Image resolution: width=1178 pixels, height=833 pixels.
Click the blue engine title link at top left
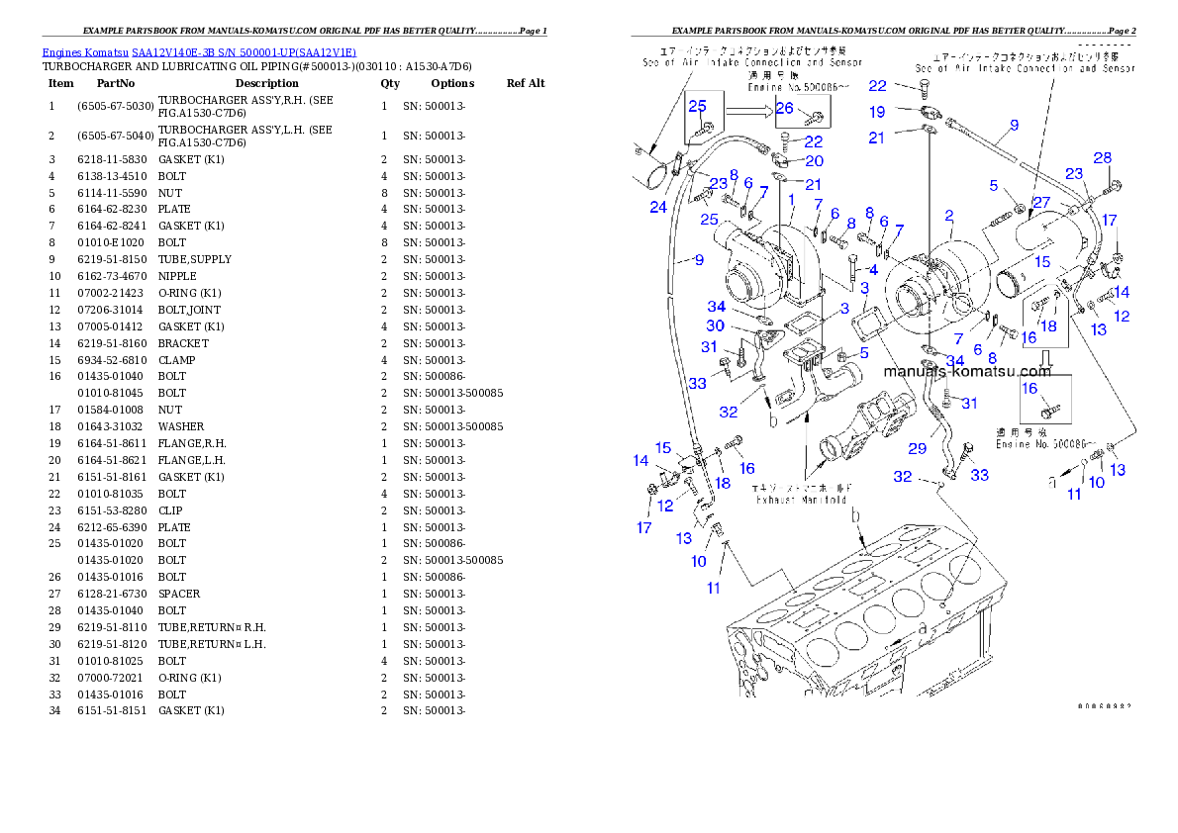click(199, 52)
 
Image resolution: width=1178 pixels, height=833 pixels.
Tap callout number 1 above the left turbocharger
click(792, 200)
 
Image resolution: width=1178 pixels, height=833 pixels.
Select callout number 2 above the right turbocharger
click(948, 216)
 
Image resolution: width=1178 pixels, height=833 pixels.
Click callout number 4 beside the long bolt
click(872, 269)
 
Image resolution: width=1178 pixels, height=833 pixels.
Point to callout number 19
click(877, 112)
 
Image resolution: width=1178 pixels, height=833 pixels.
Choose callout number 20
click(814, 161)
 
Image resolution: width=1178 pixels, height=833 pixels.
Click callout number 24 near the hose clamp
click(658, 207)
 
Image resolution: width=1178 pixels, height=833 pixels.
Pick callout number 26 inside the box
click(785, 108)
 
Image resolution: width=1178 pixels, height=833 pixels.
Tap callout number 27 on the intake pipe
click(1041, 203)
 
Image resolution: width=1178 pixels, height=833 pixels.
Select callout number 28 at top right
click(1102, 158)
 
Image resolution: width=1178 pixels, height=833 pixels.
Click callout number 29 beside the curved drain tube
click(918, 449)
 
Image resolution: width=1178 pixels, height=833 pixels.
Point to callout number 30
click(715, 326)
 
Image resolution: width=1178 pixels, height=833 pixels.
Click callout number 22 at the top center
click(877, 86)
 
